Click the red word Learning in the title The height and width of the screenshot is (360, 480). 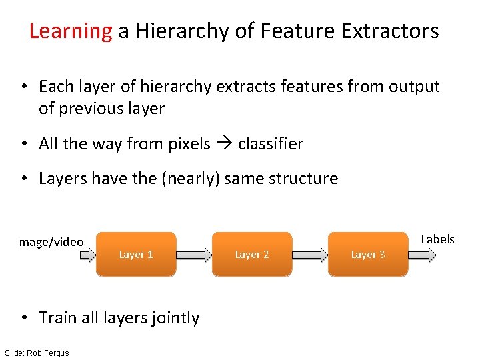[71, 31]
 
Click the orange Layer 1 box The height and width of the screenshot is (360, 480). [136, 254]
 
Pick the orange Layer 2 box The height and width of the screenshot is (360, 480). [252, 254]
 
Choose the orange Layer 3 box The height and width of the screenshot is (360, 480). [368, 254]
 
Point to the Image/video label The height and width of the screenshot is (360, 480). [49, 242]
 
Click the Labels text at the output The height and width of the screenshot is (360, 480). [437, 239]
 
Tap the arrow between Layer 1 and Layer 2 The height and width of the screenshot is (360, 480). [194, 255]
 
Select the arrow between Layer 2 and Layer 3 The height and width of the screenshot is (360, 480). [310, 255]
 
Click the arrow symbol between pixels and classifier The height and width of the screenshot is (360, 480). [224, 144]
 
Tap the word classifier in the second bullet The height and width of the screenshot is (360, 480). [270, 144]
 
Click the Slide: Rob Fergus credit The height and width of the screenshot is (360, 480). [36, 353]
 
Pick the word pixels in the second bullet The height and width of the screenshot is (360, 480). [190, 144]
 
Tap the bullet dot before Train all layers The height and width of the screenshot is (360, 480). [25, 318]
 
